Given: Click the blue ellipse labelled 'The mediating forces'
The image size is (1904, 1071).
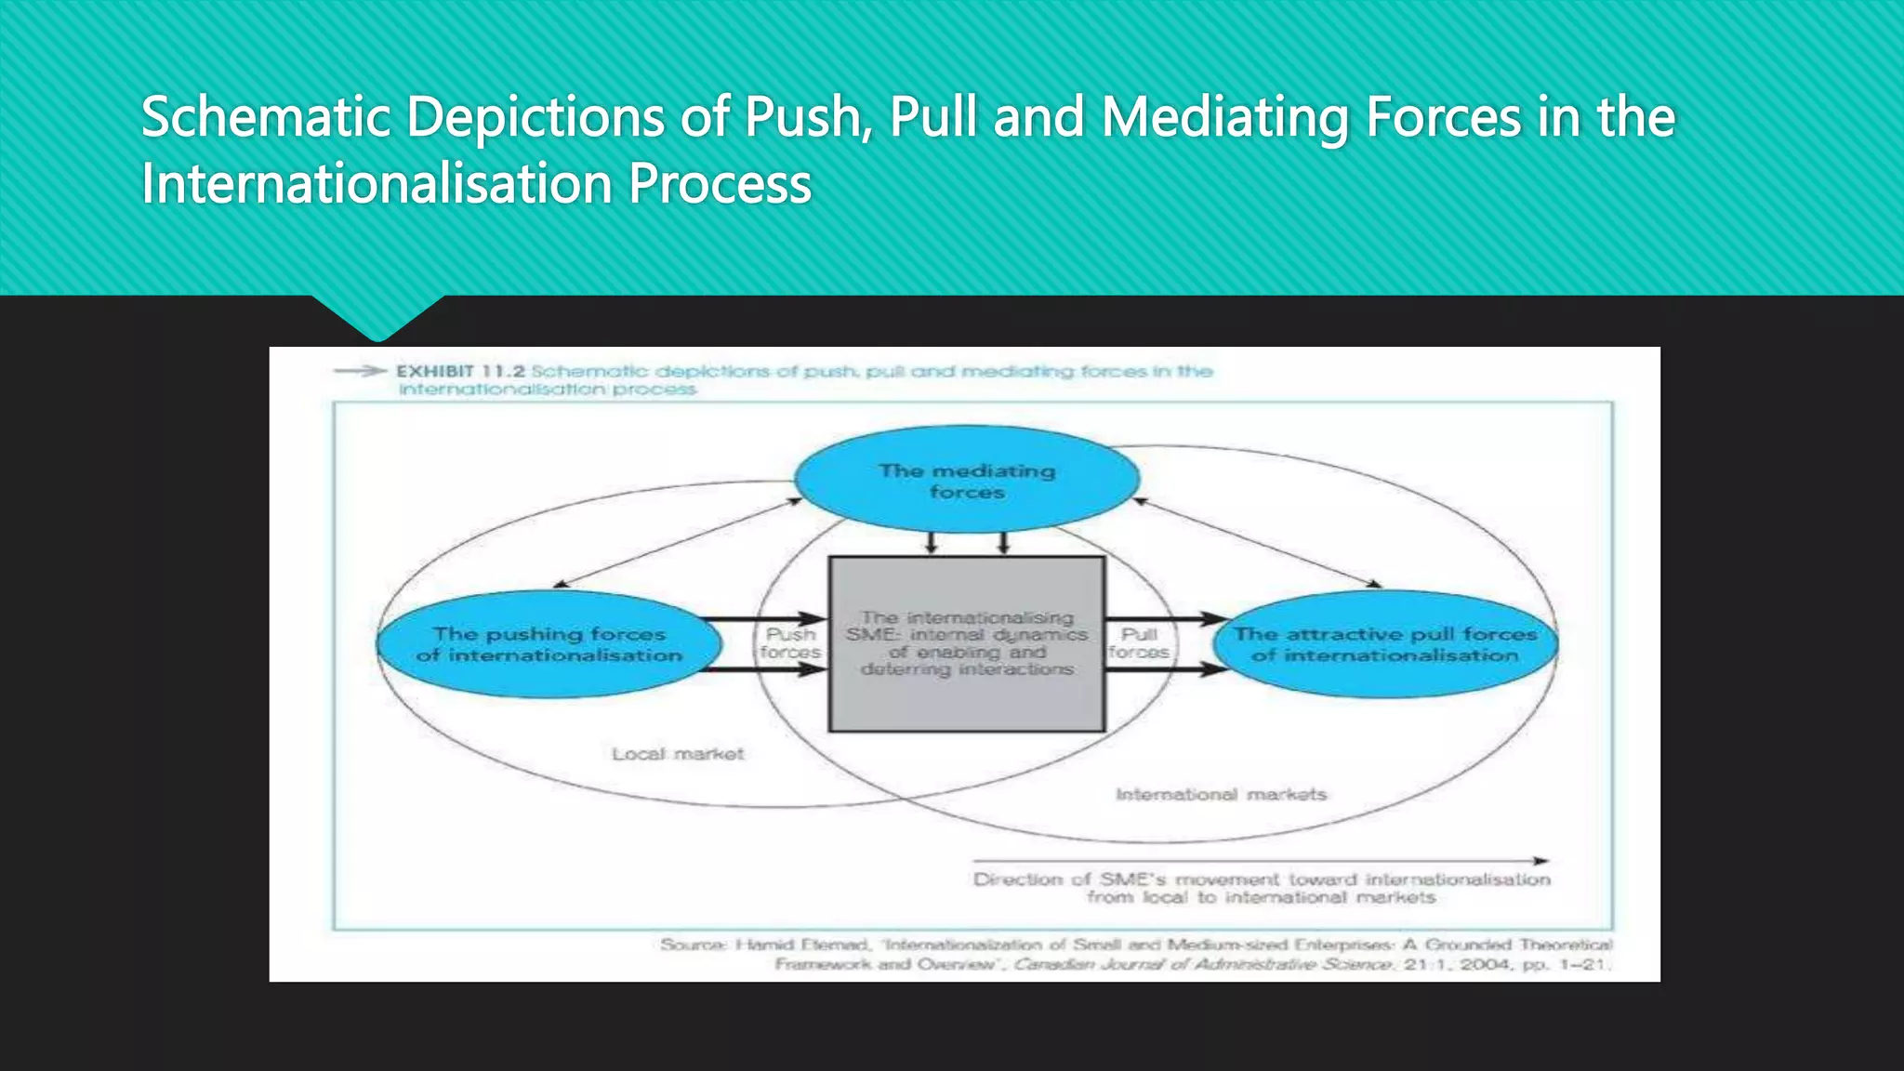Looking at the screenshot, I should [x=967, y=480].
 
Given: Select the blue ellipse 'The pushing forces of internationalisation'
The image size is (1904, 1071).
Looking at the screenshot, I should [x=549, y=644].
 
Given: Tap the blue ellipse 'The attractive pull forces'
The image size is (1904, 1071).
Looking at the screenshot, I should [x=1385, y=644].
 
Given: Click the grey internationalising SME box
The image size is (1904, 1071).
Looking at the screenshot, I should [x=967, y=643].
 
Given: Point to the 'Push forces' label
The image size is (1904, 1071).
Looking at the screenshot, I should [x=790, y=643].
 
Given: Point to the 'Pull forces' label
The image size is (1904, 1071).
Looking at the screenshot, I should [x=1139, y=643].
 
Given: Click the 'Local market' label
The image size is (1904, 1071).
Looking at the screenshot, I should [x=678, y=754].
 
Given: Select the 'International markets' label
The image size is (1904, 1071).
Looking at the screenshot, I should [x=1221, y=795].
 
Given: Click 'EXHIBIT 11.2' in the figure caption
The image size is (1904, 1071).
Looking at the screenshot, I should [x=460, y=371].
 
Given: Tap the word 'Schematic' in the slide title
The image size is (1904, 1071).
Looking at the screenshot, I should [x=266, y=118].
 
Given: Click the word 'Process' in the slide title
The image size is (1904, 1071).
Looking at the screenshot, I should [x=720, y=184].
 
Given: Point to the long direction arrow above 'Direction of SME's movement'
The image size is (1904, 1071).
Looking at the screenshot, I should [x=1260, y=861].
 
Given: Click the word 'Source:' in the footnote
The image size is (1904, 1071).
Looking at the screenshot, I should [x=694, y=945].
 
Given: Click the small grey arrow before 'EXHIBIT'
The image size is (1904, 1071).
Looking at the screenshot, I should [x=360, y=371].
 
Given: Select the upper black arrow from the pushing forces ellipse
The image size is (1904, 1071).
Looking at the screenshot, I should [x=762, y=619].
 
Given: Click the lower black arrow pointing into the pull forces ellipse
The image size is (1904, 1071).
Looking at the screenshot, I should [x=1167, y=668].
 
